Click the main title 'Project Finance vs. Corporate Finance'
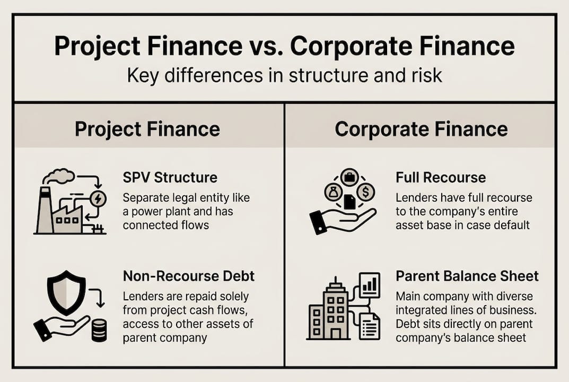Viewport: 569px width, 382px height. coord(284,47)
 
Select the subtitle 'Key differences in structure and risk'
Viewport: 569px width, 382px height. coord(284,75)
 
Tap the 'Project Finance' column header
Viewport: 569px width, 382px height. coord(147,129)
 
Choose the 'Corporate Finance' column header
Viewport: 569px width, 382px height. coord(421,129)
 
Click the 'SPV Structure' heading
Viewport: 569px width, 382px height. coord(170,177)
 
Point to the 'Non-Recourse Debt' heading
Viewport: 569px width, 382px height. coord(188,276)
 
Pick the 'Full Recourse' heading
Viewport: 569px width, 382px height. coord(441,177)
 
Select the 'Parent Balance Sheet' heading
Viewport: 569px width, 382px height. coord(467,276)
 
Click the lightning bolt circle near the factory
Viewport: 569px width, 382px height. coord(98,198)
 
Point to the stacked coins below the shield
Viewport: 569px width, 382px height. coord(99,329)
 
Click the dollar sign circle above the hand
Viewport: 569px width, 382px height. coord(365,191)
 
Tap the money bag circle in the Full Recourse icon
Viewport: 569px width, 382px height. coord(332,191)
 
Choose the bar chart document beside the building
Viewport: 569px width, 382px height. coord(369,285)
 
